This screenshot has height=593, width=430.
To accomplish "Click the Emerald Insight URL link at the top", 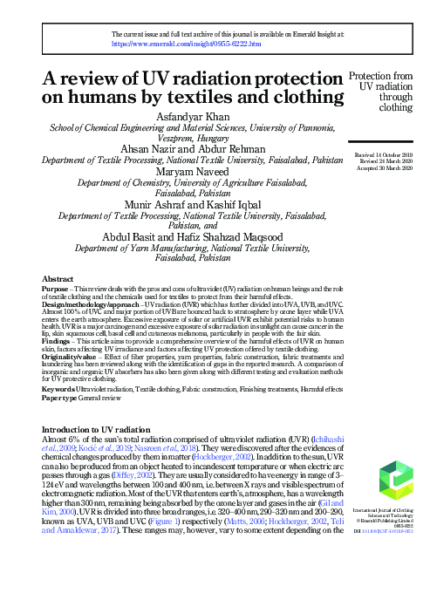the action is pyautogui.click(x=187, y=42).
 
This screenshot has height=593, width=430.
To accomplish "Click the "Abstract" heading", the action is pyautogui.click(x=58, y=278).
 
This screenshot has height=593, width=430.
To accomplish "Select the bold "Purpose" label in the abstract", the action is pyautogui.click(x=58, y=288).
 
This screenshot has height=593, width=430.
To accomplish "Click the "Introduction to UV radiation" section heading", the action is pyautogui.click(x=103, y=431).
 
